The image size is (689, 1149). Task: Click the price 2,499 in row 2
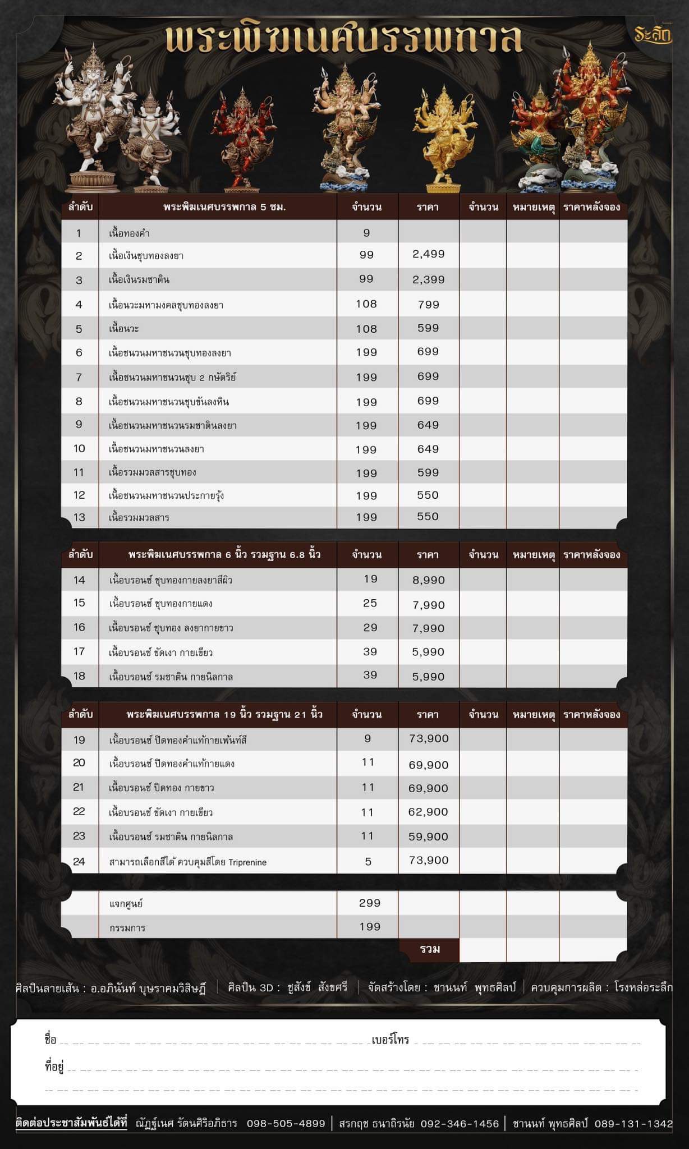[x=428, y=254]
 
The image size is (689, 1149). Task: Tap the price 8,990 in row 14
[x=428, y=580]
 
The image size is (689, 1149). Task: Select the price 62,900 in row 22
[x=428, y=812]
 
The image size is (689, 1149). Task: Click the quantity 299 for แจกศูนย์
[x=369, y=903]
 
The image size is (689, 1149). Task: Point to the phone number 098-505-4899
[x=286, y=1123]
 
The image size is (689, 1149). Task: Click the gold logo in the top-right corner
[x=653, y=35]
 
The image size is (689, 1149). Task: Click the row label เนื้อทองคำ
[x=129, y=233]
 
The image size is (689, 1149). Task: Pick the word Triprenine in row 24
[x=247, y=862]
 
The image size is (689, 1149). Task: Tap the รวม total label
[x=430, y=949]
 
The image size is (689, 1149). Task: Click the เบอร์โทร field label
[x=390, y=1040]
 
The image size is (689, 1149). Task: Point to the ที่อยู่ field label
[x=54, y=1066]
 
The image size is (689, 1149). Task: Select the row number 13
[x=79, y=517]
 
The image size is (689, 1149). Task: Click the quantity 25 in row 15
[x=370, y=603]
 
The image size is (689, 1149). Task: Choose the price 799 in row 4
[x=428, y=305]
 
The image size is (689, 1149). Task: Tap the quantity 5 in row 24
[x=368, y=861]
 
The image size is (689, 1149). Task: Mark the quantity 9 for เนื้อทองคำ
[x=366, y=233]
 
